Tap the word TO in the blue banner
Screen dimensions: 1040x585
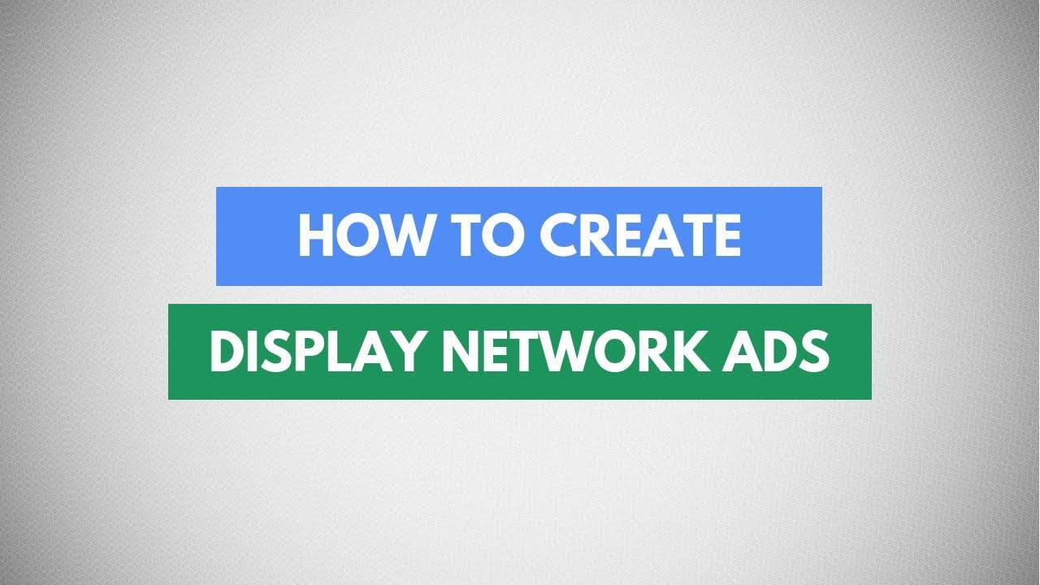coord(488,236)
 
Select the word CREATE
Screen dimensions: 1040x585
coord(640,236)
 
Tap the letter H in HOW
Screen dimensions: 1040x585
coord(316,236)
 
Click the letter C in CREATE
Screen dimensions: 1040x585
coord(558,236)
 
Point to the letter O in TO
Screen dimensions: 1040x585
coord(503,236)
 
